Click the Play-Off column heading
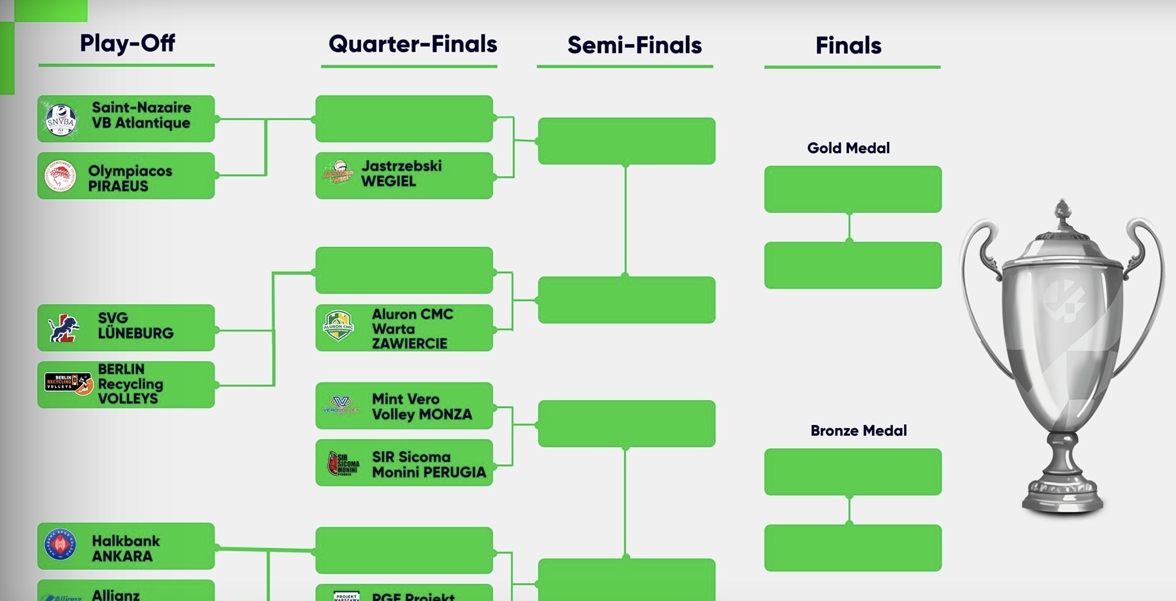tap(127, 43)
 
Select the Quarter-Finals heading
tap(412, 44)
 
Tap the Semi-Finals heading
tap(634, 45)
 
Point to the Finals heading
tap(848, 45)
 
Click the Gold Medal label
tap(848, 148)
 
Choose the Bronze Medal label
tap(858, 430)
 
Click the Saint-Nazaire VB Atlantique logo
tap(61, 120)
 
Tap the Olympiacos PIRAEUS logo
tap(61, 177)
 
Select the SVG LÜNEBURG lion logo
tap(64, 328)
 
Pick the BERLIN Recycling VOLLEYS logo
tap(69, 384)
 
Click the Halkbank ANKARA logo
tap(61, 545)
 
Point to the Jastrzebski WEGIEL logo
tap(339, 173)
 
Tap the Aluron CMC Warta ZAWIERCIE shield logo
tap(338, 326)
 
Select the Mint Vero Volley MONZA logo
tap(341, 405)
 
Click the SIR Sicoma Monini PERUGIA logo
tap(343, 463)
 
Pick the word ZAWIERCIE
tap(409, 344)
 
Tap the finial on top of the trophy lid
tap(1063, 211)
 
